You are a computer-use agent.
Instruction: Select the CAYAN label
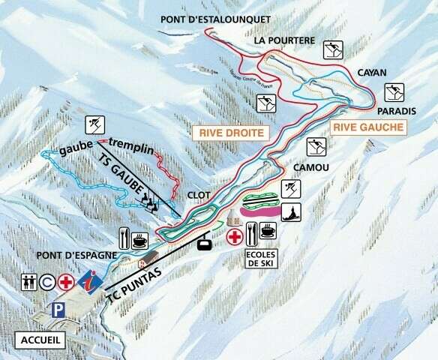pos(372,73)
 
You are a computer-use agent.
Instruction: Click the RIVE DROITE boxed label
pos(232,133)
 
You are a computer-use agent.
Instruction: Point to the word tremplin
pos(131,142)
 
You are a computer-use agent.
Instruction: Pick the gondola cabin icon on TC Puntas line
pos(202,242)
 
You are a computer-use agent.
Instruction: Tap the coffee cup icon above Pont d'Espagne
pos(139,241)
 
